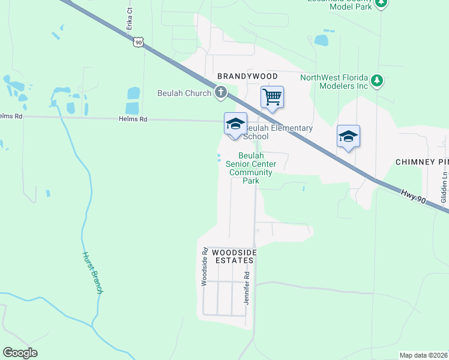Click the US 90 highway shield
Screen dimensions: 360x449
tap(139, 41)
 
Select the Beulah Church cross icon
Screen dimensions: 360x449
tap(220, 92)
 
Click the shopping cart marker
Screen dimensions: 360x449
tap(272, 97)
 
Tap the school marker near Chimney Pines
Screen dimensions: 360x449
tap(348, 136)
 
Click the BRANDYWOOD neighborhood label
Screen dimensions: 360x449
tap(247, 76)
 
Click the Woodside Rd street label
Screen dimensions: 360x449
tap(204, 266)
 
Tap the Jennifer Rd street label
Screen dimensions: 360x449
tap(246, 287)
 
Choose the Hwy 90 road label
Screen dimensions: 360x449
tap(414, 196)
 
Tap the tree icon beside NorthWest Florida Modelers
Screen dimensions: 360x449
tap(376, 80)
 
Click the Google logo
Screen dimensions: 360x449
tap(20, 353)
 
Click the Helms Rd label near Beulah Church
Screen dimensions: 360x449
tap(134, 119)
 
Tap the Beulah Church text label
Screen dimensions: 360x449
tap(184, 93)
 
